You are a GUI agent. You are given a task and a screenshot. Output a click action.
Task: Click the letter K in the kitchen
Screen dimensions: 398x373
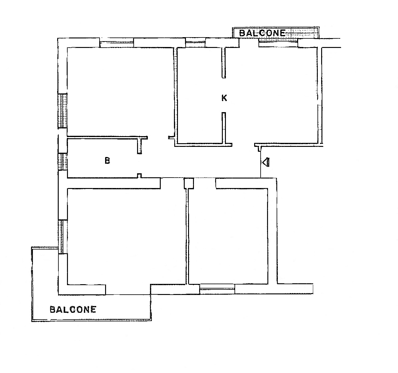tap(224, 98)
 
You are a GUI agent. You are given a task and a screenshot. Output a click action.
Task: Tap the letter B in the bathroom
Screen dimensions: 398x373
tap(107, 161)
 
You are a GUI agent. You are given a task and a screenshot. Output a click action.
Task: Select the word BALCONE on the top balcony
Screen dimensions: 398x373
tap(262, 33)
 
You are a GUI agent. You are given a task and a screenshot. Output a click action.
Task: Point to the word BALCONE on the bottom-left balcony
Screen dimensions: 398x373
tap(73, 309)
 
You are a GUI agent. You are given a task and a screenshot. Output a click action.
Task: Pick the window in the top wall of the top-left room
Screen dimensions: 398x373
tap(117, 43)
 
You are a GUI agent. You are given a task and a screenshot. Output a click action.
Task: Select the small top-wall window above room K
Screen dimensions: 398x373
tap(195, 43)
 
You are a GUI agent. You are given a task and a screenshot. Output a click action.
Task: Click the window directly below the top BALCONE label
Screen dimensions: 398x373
tap(278, 43)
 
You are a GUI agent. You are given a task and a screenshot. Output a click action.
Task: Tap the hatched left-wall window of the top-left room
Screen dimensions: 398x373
tap(63, 110)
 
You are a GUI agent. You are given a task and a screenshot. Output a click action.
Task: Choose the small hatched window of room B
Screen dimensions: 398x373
tap(63, 162)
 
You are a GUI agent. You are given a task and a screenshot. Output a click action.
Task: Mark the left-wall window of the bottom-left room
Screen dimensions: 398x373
tap(63, 237)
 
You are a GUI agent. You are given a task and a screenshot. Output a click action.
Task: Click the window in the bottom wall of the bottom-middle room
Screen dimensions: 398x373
tap(217, 289)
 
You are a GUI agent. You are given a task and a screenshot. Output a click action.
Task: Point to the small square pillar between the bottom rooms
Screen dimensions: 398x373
tap(189, 183)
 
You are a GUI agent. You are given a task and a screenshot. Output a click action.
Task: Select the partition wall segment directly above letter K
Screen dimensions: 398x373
tap(224, 63)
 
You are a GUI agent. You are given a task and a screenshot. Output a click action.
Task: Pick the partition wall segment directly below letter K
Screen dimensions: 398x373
tap(224, 128)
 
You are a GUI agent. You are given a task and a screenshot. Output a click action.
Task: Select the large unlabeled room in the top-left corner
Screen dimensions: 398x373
tap(120, 92)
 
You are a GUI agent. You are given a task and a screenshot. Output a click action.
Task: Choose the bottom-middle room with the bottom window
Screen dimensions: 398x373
tap(228, 236)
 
